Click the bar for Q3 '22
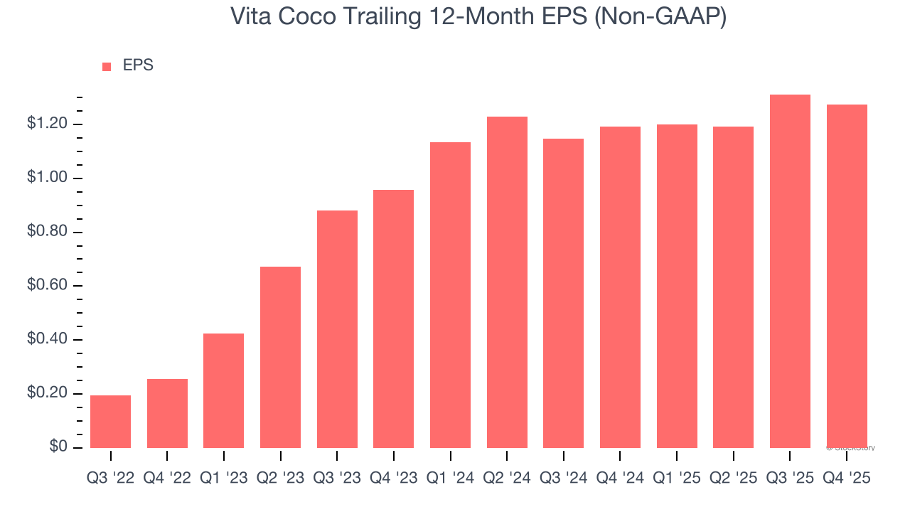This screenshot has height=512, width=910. pos(110,421)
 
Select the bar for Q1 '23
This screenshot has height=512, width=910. pos(223,390)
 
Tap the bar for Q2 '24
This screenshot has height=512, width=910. pos(507,282)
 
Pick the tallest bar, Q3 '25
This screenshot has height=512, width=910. pos(790,271)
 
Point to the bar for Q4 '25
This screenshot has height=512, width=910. pos(847,276)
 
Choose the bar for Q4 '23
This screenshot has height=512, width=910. pos(394,319)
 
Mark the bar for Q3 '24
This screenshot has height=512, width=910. pos(563,293)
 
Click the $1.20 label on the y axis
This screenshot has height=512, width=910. pos(47,124)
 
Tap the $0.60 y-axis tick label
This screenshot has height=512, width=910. pos(47,286)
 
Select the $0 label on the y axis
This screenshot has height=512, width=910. pos(59,447)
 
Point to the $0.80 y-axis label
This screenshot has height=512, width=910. pos(47,233)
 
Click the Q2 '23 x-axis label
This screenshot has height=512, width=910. pos(280,479)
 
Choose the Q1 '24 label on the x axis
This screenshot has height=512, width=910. pos(450,479)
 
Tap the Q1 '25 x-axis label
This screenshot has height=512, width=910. pos(677,479)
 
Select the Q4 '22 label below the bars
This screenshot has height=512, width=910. pos(167,479)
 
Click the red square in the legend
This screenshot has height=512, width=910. pos(107,67)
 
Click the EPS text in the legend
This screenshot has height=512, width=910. pos(138,65)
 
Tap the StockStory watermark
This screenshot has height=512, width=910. pos(851,448)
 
